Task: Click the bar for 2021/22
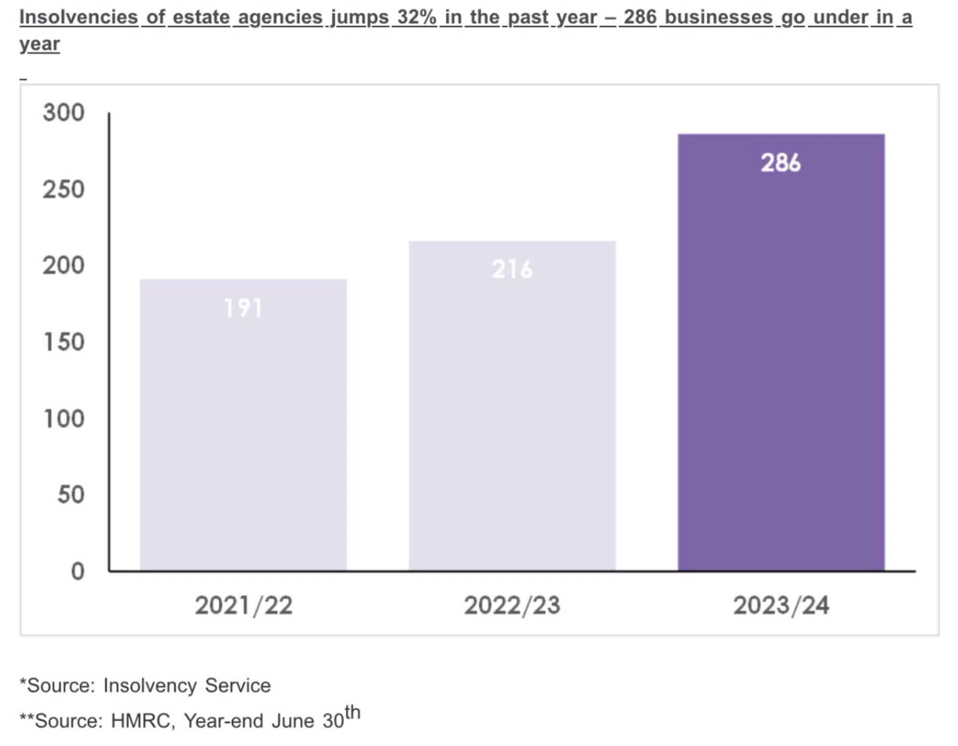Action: (243, 437)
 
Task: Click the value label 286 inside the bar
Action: (781, 163)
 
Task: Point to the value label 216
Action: (512, 270)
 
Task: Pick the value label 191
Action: (243, 308)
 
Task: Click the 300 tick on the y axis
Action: (64, 113)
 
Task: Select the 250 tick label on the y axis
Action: (64, 190)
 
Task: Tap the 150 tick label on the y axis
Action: (64, 342)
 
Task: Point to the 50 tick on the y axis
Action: (71, 495)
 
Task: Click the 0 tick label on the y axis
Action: (78, 571)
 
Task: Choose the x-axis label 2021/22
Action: (243, 605)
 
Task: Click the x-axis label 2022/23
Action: (512, 605)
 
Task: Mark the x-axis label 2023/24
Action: (781, 605)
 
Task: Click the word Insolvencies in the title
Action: (79, 17)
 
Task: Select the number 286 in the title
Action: (640, 17)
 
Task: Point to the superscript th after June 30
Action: (352, 712)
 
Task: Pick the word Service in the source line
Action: (238, 685)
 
